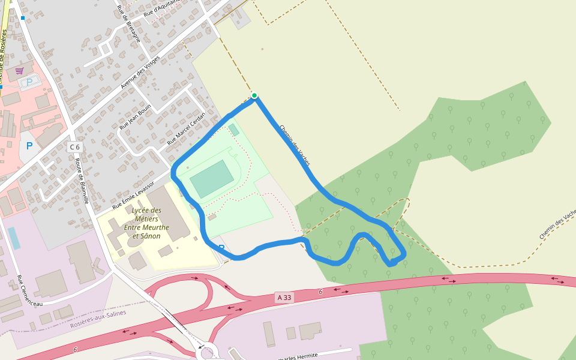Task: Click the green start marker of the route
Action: pos(254,95)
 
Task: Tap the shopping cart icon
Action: pos(19,71)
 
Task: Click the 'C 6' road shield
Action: pos(74,147)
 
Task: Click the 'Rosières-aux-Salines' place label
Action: pos(98,319)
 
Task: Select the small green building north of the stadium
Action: pos(233,130)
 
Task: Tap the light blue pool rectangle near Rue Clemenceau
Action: pos(13,238)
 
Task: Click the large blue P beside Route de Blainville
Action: pos(29,146)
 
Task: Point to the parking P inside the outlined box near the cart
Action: pos(29,83)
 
